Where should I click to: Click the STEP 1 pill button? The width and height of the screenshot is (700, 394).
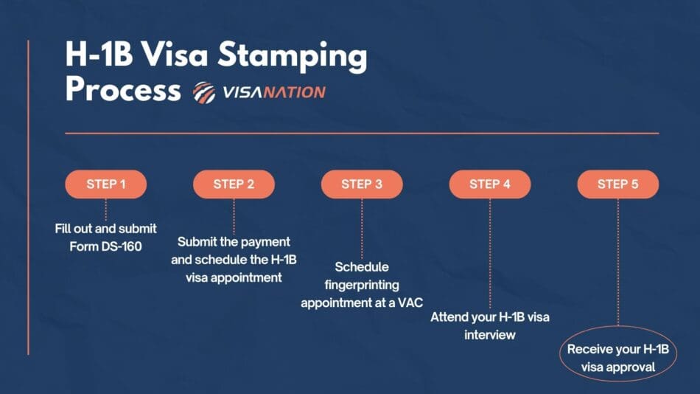106,184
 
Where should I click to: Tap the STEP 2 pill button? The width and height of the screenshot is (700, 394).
234,184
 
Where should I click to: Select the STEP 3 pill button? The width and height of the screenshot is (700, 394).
362,184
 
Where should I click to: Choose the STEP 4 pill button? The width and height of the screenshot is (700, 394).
490,184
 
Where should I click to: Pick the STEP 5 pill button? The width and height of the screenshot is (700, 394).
617,184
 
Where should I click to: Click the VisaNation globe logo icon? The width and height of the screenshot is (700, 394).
204,92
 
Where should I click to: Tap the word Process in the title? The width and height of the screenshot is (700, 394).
122,90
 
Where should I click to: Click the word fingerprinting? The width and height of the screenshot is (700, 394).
362,284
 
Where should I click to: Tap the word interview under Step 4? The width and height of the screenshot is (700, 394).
489,335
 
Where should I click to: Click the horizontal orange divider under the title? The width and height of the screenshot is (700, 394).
362,134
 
